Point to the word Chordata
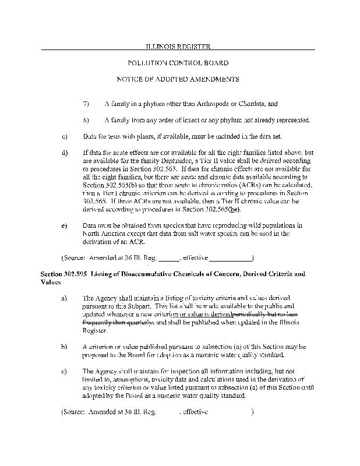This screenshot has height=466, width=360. (x=247, y=104)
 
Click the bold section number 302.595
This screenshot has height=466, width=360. (x=61, y=273)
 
